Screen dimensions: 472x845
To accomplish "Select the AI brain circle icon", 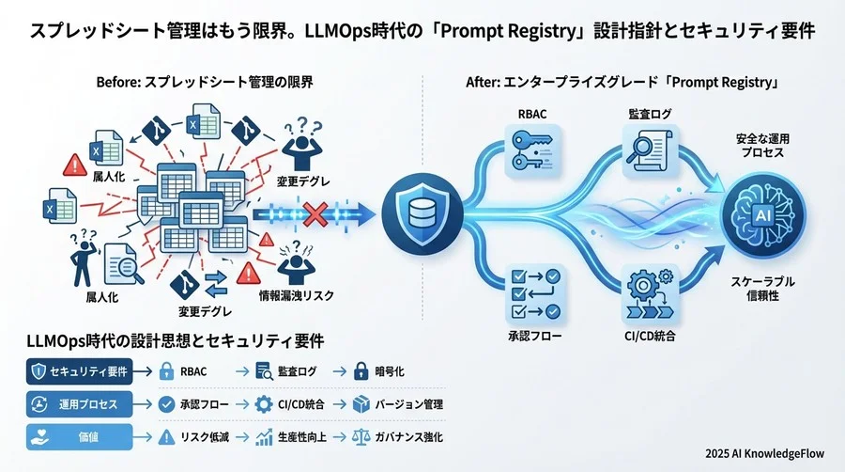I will point(762,214).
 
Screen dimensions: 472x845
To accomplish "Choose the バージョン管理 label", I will point(408,404).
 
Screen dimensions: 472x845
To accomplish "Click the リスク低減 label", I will point(204,437).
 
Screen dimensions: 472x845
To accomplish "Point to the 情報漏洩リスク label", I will point(297,297).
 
